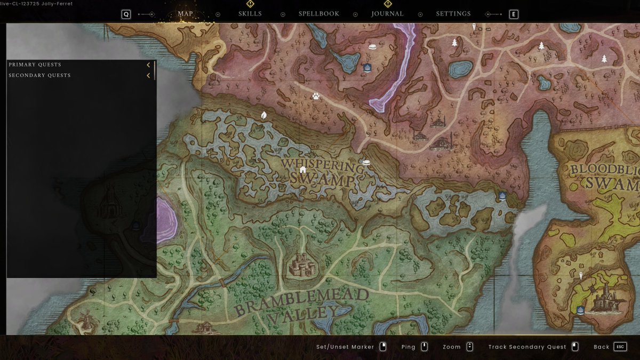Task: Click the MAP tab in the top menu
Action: click(186, 14)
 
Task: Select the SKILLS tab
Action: click(250, 14)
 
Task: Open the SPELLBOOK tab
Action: click(319, 14)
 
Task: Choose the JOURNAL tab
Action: click(388, 14)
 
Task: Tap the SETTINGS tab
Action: click(453, 14)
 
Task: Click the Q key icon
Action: click(126, 14)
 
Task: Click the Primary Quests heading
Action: click(35, 65)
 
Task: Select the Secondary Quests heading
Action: click(40, 75)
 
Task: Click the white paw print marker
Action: click(316, 97)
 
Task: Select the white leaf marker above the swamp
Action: click(263, 115)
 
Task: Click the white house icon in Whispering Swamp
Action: click(302, 170)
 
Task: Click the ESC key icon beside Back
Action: click(620, 347)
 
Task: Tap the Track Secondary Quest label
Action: click(527, 347)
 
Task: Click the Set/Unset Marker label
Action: click(345, 347)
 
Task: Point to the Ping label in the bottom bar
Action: click(408, 347)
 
